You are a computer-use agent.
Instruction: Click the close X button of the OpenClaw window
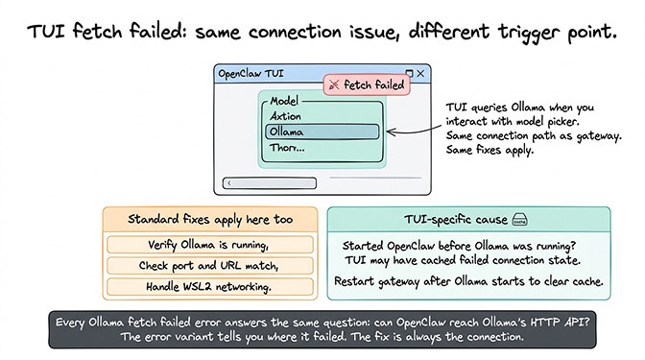(420, 73)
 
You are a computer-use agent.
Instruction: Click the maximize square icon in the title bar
(409, 73)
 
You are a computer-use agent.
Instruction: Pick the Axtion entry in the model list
(286, 115)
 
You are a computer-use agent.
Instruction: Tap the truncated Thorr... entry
(289, 148)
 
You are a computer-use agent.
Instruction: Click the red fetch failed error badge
(366, 84)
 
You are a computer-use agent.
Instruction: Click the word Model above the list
(285, 100)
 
